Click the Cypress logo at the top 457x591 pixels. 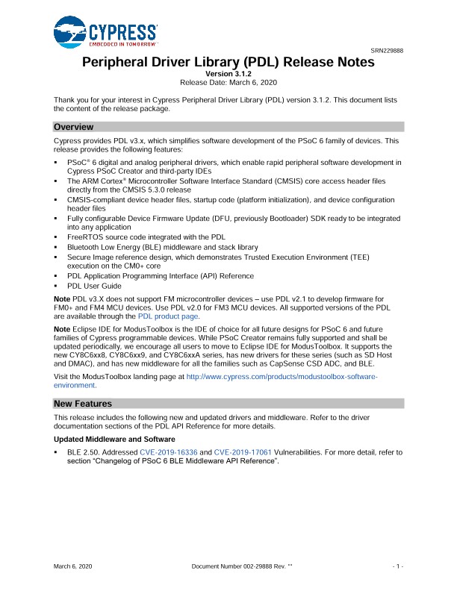105,34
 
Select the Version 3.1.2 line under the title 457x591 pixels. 229,73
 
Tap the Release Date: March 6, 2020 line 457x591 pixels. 229,81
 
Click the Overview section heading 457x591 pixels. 73,127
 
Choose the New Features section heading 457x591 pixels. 83,404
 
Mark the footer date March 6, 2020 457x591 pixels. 73,568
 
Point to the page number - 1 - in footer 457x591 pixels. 398,568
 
